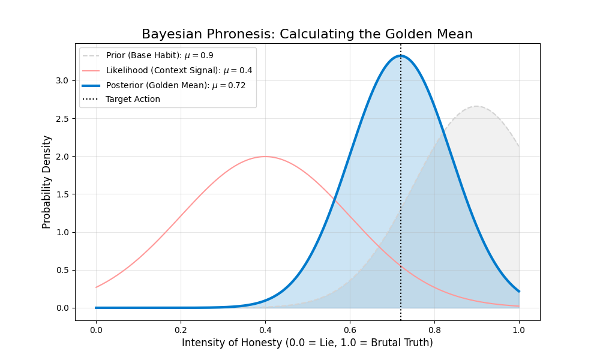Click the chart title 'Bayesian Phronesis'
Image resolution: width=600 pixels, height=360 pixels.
pyautogui.click(x=307, y=34)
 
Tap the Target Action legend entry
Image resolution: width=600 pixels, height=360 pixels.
pyautogui.click(x=133, y=99)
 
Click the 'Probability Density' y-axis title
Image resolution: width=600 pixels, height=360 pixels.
pyautogui.click(x=47, y=181)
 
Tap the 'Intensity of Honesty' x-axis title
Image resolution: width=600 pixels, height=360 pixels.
pyautogui.click(x=307, y=343)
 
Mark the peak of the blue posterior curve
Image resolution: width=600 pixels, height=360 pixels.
pyautogui.click(x=400, y=56)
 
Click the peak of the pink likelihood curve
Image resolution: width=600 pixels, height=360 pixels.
pyautogui.click(x=265, y=157)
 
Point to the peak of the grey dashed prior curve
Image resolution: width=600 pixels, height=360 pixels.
pyautogui.click(x=476, y=106)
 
